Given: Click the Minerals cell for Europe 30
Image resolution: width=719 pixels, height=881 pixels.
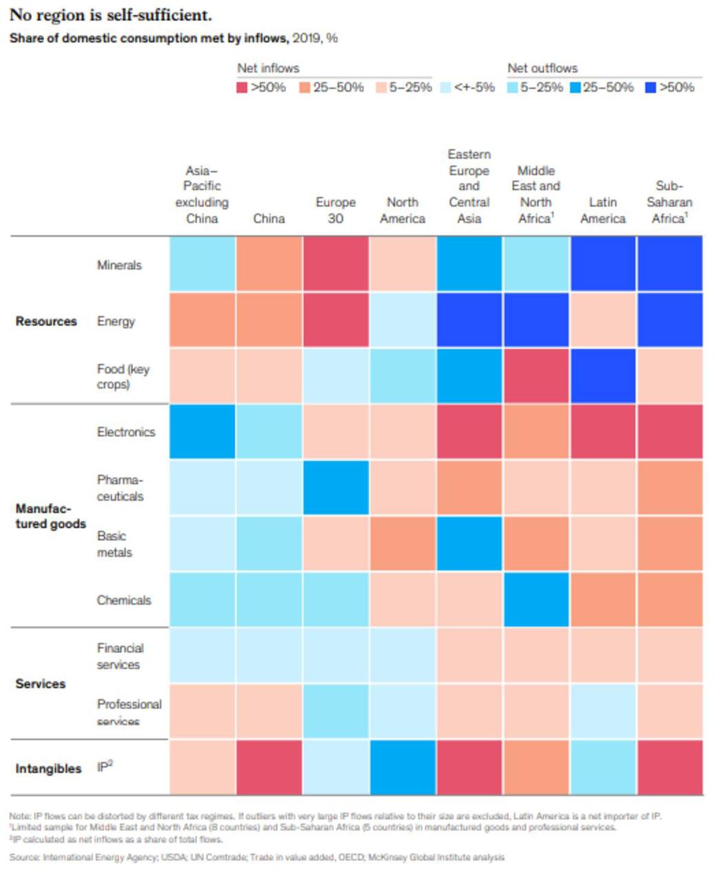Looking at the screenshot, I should [x=336, y=264].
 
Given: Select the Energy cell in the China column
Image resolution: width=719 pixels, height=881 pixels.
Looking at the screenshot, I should [x=269, y=320].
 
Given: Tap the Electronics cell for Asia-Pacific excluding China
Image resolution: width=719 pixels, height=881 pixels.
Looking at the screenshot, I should [x=202, y=432].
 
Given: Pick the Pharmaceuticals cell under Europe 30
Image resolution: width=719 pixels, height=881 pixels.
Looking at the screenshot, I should [x=336, y=487].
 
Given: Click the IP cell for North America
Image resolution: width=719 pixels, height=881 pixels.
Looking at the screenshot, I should [x=403, y=767].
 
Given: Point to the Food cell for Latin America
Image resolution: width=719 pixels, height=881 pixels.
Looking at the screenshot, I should [x=603, y=376].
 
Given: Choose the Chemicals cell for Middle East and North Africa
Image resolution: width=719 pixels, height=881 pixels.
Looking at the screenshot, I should [x=536, y=599].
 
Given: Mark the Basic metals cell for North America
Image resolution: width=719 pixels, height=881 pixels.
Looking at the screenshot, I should [x=403, y=544].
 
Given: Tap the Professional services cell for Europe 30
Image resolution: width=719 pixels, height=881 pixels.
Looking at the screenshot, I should [x=336, y=711].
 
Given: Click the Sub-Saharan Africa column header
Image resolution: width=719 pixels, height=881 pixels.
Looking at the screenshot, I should [x=669, y=202].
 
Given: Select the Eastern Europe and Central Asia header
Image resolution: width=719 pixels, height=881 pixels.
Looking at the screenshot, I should [x=469, y=186].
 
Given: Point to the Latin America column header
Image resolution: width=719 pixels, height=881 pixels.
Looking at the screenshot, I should [x=603, y=210].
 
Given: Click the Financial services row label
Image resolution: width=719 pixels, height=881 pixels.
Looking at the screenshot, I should [x=120, y=656].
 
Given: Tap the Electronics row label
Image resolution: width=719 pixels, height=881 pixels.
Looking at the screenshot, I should [x=126, y=432].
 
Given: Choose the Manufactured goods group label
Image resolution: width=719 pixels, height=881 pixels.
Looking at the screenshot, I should [x=51, y=516].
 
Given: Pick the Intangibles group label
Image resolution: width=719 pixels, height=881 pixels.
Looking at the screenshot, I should [x=48, y=768].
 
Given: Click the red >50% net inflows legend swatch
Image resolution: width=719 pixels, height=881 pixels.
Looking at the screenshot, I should [x=242, y=87].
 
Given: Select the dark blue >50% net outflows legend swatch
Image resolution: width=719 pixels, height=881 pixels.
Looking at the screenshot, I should [x=651, y=87].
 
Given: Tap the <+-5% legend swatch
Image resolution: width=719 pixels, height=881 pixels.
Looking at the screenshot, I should [x=445, y=87].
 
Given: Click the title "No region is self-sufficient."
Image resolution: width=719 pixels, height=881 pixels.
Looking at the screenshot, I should [x=110, y=15].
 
